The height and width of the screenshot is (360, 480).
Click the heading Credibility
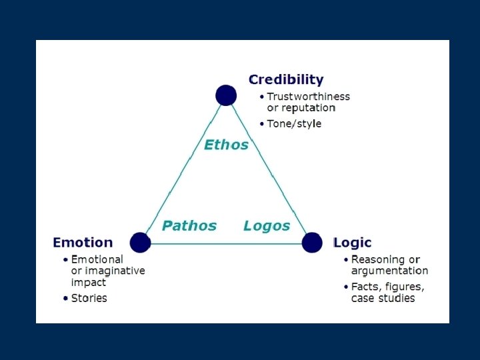tap(285, 80)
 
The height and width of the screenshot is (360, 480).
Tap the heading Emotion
tap(83, 243)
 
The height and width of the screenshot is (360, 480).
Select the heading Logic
tap(353, 243)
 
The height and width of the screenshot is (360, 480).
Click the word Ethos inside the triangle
tap(226, 145)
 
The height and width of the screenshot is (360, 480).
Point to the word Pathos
tap(189, 225)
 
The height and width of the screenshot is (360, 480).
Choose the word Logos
tap(267, 225)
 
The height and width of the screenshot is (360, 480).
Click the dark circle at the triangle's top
tap(227, 95)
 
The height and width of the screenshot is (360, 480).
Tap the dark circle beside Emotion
tap(140, 243)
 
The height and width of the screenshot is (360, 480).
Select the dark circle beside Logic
tap(312, 243)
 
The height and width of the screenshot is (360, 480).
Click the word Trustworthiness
tap(308, 97)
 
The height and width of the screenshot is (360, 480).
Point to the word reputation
tap(308, 108)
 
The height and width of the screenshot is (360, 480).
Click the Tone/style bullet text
tap(294, 124)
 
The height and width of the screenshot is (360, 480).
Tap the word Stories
tap(89, 298)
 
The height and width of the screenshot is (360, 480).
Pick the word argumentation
tap(389, 271)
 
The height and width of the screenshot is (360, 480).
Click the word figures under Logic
tap(403, 287)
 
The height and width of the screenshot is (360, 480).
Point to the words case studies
tap(383, 299)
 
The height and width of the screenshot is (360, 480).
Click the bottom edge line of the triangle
tap(227, 243)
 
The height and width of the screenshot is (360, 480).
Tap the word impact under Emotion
tap(88, 282)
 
